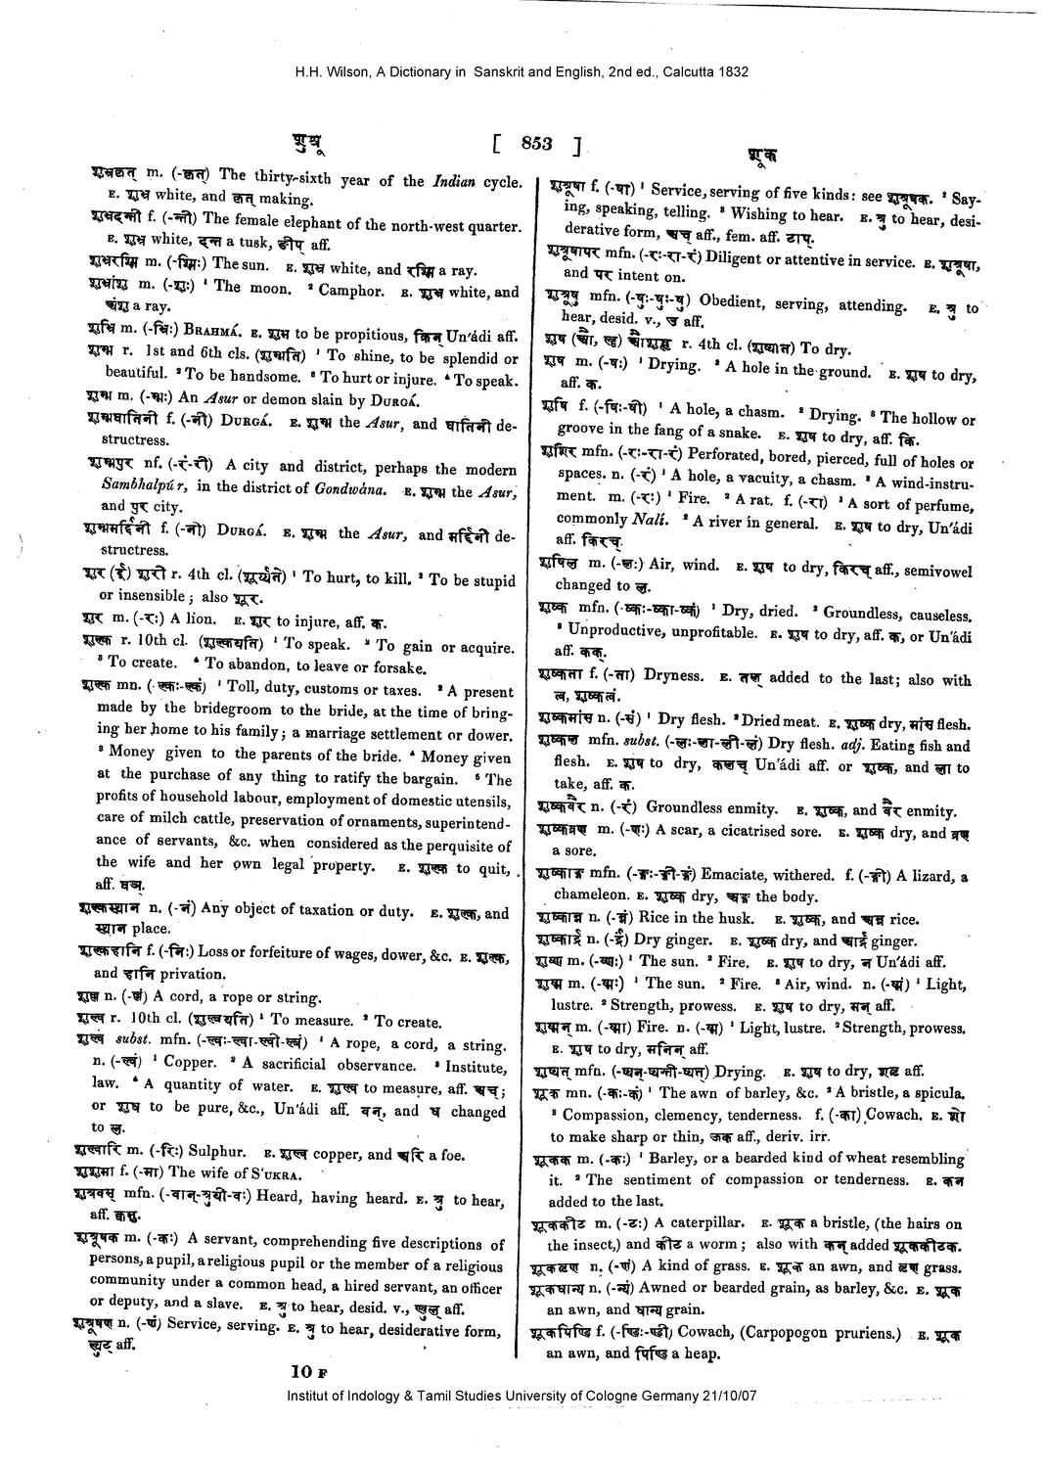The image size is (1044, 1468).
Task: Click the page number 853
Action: point(537,144)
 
